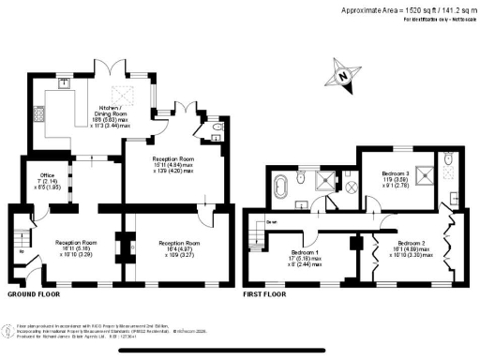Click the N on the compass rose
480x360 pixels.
345,75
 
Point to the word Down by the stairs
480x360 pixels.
271,221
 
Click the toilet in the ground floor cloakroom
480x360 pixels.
217,129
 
